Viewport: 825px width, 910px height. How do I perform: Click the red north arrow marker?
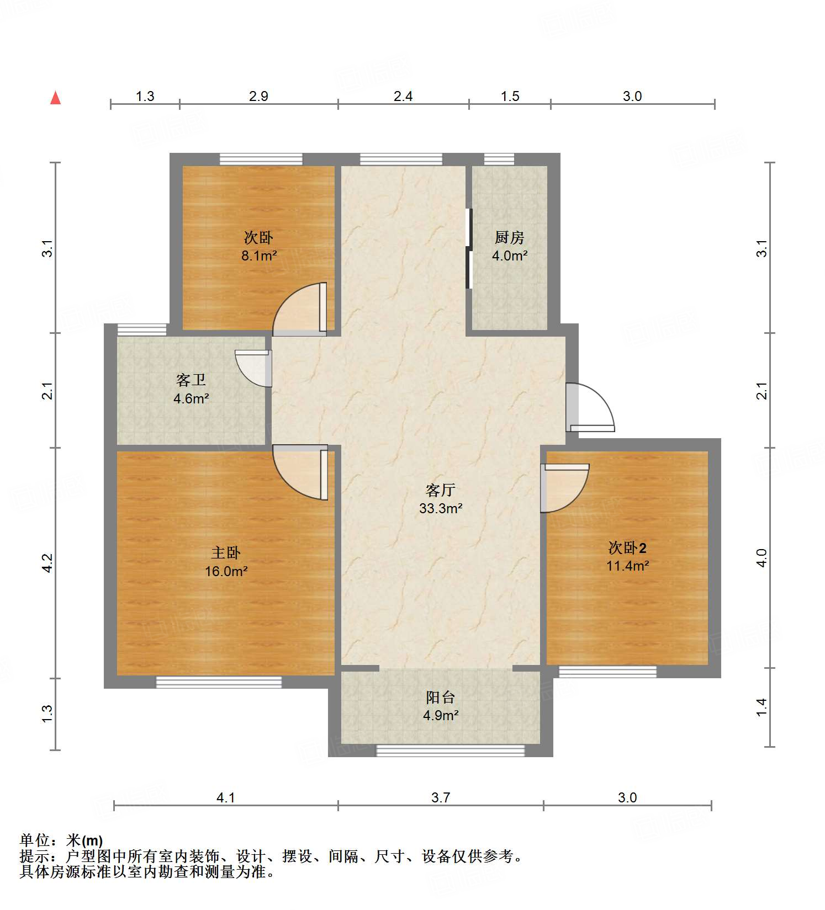pyautogui.click(x=55, y=98)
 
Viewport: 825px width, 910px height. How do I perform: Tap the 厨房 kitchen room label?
pyautogui.click(x=509, y=238)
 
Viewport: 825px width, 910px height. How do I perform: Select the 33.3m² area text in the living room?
pyautogui.click(x=440, y=508)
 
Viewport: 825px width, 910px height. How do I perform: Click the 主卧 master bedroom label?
pyautogui.click(x=225, y=552)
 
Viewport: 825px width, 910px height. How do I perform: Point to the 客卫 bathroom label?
pyautogui.click(x=191, y=380)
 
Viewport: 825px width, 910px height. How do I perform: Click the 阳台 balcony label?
pyautogui.click(x=440, y=697)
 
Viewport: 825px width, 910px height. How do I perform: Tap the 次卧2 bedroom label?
pyautogui.click(x=627, y=547)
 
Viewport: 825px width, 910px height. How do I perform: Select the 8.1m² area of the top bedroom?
pyautogui.click(x=258, y=256)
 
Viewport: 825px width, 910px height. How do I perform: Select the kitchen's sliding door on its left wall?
pyautogui.click(x=469, y=248)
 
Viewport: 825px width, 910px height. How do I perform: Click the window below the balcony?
pyautogui.click(x=450, y=750)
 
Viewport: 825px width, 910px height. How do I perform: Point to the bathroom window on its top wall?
pyautogui.click(x=142, y=329)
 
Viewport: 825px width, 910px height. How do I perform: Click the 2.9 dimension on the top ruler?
pyautogui.click(x=258, y=96)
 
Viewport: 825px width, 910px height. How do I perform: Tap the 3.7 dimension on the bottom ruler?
pyautogui.click(x=440, y=797)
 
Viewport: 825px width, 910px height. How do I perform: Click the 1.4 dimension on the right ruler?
pyautogui.click(x=761, y=707)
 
